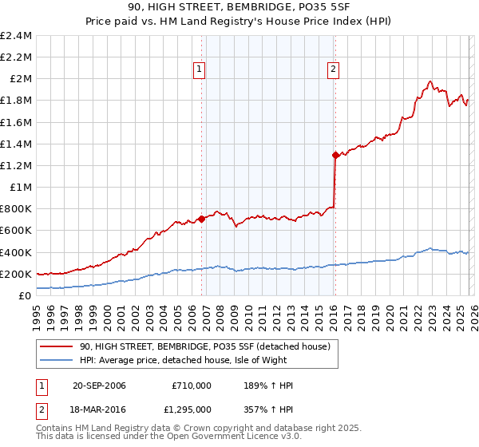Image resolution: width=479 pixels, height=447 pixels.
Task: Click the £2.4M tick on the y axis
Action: pyautogui.click(x=16, y=36)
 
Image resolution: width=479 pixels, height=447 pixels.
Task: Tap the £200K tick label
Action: pyautogui.click(x=16, y=274)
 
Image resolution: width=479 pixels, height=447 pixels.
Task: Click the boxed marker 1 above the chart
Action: pyautogui.click(x=199, y=69)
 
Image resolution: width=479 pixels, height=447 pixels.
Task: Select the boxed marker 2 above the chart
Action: pyautogui.click(x=332, y=69)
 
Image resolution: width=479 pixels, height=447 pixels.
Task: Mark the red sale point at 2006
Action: pyautogui.click(x=201, y=219)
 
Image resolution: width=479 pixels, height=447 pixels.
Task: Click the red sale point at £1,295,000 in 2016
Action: pyautogui.click(x=335, y=156)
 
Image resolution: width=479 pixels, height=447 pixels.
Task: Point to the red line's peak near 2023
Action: pyautogui.click(x=430, y=81)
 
